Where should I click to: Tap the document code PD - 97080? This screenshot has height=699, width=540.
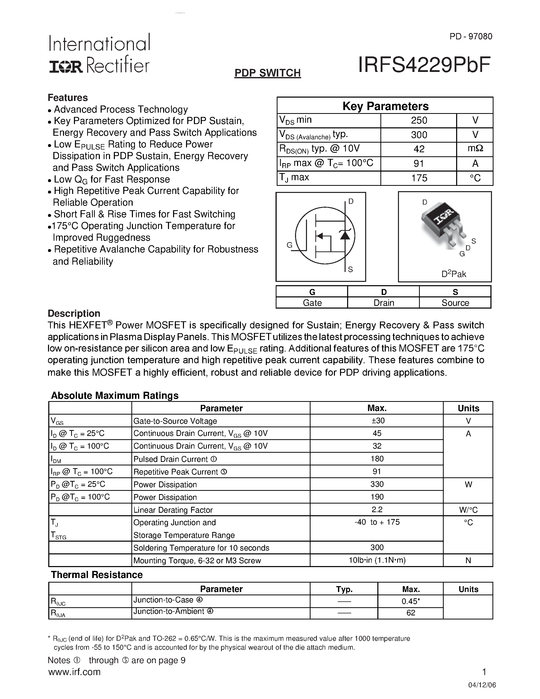click(x=471, y=37)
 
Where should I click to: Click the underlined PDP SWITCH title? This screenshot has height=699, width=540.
click(x=267, y=73)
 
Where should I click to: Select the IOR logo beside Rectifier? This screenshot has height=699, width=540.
click(x=66, y=67)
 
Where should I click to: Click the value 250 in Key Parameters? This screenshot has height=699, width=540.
click(x=419, y=120)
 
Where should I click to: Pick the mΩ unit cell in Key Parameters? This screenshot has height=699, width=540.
click(x=475, y=149)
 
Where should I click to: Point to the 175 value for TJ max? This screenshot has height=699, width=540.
click(x=419, y=178)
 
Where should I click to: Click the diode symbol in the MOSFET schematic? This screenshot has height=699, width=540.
click(x=345, y=235)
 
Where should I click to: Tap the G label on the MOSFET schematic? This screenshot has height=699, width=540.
click(x=289, y=245)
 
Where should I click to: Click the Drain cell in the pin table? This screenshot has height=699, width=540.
click(x=383, y=303)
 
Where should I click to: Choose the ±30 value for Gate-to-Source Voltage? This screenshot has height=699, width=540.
click(x=377, y=421)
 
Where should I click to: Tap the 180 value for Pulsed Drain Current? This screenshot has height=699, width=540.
click(x=377, y=459)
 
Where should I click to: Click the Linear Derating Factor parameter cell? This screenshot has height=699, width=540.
click(x=173, y=510)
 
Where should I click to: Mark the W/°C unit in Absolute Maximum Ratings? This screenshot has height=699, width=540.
click(x=468, y=510)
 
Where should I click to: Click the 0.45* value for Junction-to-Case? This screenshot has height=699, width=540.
click(x=410, y=601)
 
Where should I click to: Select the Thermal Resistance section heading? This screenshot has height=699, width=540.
click(x=97, y=575)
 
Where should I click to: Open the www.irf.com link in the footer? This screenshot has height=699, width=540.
click(x=74, y=672)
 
